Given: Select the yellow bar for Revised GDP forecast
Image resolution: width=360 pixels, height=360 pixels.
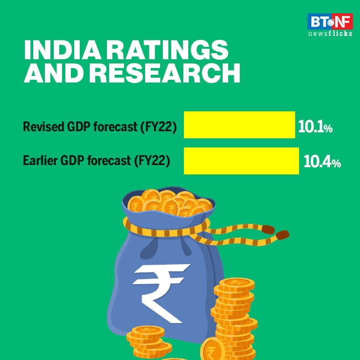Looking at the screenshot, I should click(x=239, y=125).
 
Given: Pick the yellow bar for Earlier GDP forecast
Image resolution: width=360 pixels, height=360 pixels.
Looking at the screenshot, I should click(x=241, y=161).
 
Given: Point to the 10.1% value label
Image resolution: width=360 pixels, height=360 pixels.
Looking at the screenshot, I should click(x=315, y=128).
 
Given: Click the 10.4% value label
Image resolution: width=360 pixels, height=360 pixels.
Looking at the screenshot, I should click(x=322, y=163).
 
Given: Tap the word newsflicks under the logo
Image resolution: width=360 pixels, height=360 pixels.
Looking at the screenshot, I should click(x=330, y=34).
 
